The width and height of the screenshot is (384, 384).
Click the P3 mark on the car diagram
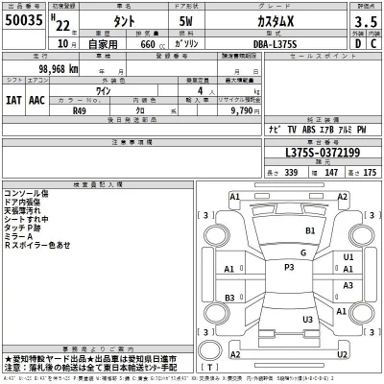[288, 267]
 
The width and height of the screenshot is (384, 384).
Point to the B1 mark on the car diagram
[310, 232]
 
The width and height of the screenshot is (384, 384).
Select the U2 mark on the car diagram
[308, 320]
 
